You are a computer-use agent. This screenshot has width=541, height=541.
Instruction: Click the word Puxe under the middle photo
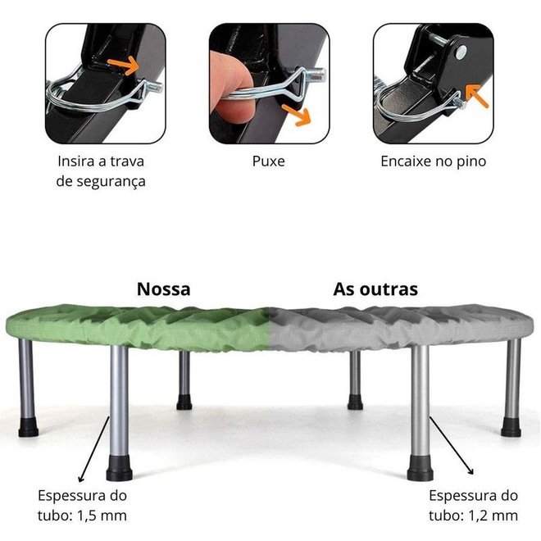point(268,161)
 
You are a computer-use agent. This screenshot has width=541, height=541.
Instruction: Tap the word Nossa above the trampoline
point(164,289)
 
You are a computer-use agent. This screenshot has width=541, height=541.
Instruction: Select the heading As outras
point(375,289)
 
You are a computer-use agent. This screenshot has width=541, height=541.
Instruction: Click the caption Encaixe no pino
point(434,161)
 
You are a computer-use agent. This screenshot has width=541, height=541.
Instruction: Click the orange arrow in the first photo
point(124,66)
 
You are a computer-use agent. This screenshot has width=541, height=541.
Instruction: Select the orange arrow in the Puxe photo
point(296,115)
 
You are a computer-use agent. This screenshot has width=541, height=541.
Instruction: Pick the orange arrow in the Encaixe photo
point(476,95)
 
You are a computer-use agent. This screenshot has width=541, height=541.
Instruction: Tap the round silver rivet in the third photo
point(461,52)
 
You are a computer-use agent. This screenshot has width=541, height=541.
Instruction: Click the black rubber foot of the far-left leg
point(29,427)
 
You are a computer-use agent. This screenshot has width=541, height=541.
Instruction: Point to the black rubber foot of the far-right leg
point(511,427)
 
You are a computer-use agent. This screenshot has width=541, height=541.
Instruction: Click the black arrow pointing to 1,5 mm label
point(93,449)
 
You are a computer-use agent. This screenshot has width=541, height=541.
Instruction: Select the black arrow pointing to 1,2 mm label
point(452,446)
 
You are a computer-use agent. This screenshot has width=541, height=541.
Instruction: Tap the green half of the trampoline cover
point(138,328)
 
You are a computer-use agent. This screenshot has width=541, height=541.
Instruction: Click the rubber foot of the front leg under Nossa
point(120,468)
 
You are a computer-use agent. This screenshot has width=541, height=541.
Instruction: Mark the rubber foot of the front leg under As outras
point(421,468)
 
